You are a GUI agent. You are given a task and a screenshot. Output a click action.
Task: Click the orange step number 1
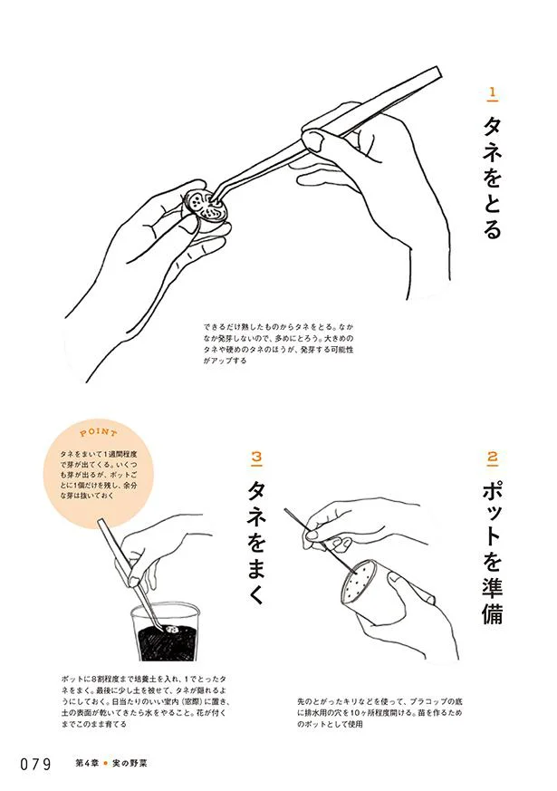(493, 93)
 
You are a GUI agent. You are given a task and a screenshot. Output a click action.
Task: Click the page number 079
(36, 764)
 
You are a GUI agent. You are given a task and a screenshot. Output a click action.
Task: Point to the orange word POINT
(99, 432)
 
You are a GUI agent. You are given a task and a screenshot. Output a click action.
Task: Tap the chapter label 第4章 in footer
(86, 763)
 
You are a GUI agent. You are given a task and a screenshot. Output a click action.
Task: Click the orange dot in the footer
(105, 763)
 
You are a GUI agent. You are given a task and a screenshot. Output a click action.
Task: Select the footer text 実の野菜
(130, 763)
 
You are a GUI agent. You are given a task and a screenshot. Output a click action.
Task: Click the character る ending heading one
(493, 228)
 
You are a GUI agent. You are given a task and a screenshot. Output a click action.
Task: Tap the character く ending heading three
(256, 593)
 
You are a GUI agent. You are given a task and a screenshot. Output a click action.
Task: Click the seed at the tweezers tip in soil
(171, 629)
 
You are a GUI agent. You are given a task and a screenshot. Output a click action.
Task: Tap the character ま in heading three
(256, 568)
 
